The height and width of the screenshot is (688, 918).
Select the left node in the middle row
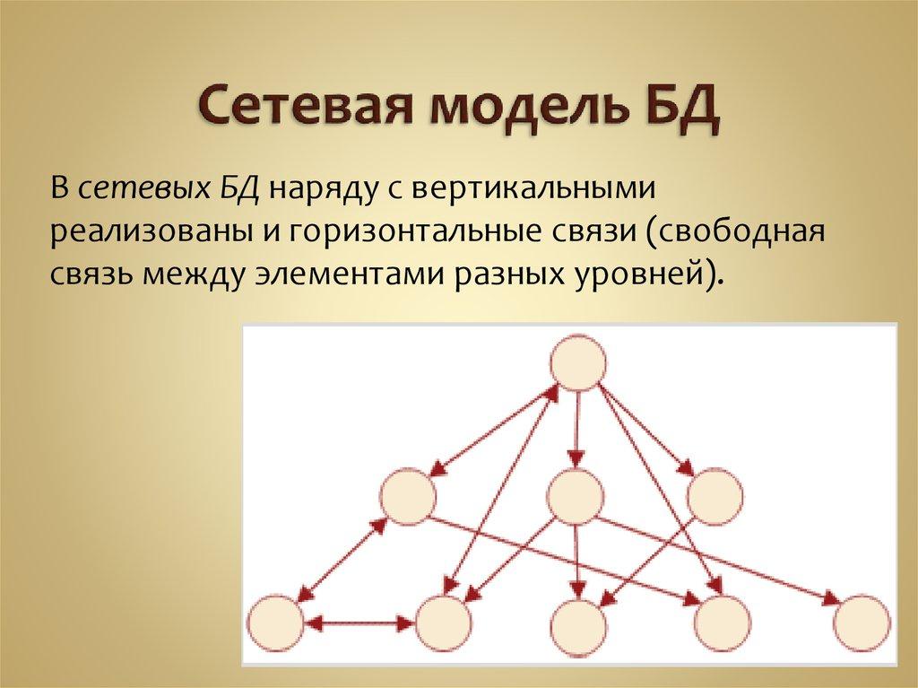pyautogui.click(x=408, y=495)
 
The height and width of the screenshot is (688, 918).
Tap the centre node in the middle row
pyautogui.click(x=574, y=495)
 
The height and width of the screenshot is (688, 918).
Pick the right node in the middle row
pyautogui.click(x=715, y=495)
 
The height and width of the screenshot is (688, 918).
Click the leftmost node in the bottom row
pyautogui.click(x=274, y=623)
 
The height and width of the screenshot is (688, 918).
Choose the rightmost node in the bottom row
pyautogui.click(x=861, y=623)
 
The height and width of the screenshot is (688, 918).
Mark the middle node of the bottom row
pyautogui.click(x=580, y=623)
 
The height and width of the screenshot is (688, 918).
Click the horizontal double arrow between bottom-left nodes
pyautogui.click(x=359, y=622)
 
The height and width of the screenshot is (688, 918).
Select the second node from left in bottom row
pyautogui.click(x=444, y=623)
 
